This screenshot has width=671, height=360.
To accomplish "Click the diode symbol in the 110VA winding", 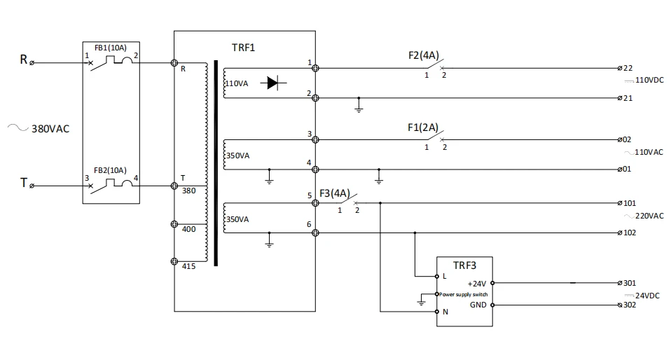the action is tap(273, 83).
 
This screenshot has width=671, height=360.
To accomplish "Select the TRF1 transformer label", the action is tap(243, 48).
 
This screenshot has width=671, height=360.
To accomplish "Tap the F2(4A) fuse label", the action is tap(424, 55).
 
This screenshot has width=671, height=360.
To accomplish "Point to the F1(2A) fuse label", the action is tap(423, 127).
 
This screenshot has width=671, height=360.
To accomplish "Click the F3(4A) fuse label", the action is tap(335, 193).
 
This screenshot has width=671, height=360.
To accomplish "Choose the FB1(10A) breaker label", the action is tap(111, 48).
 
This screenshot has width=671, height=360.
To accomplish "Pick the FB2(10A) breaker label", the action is tap(110, 170).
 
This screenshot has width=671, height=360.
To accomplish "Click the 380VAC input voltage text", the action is tap(50, 129).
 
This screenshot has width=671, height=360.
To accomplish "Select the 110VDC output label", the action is tap(649, 80).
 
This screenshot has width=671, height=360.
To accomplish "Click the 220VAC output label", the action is tap(649, 216).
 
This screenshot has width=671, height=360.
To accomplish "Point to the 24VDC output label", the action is tap(647, 296).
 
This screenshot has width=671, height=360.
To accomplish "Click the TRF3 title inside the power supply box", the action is tap(464, 265).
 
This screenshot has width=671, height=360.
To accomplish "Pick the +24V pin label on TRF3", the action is tap(477, 284).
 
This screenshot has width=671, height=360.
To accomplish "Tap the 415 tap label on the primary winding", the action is tap(188, 266).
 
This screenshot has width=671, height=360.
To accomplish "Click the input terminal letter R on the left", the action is tap(24, 60).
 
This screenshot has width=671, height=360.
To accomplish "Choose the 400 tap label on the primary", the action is tap(188, 229).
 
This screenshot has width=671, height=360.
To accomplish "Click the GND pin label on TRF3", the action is tap(478, 305).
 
